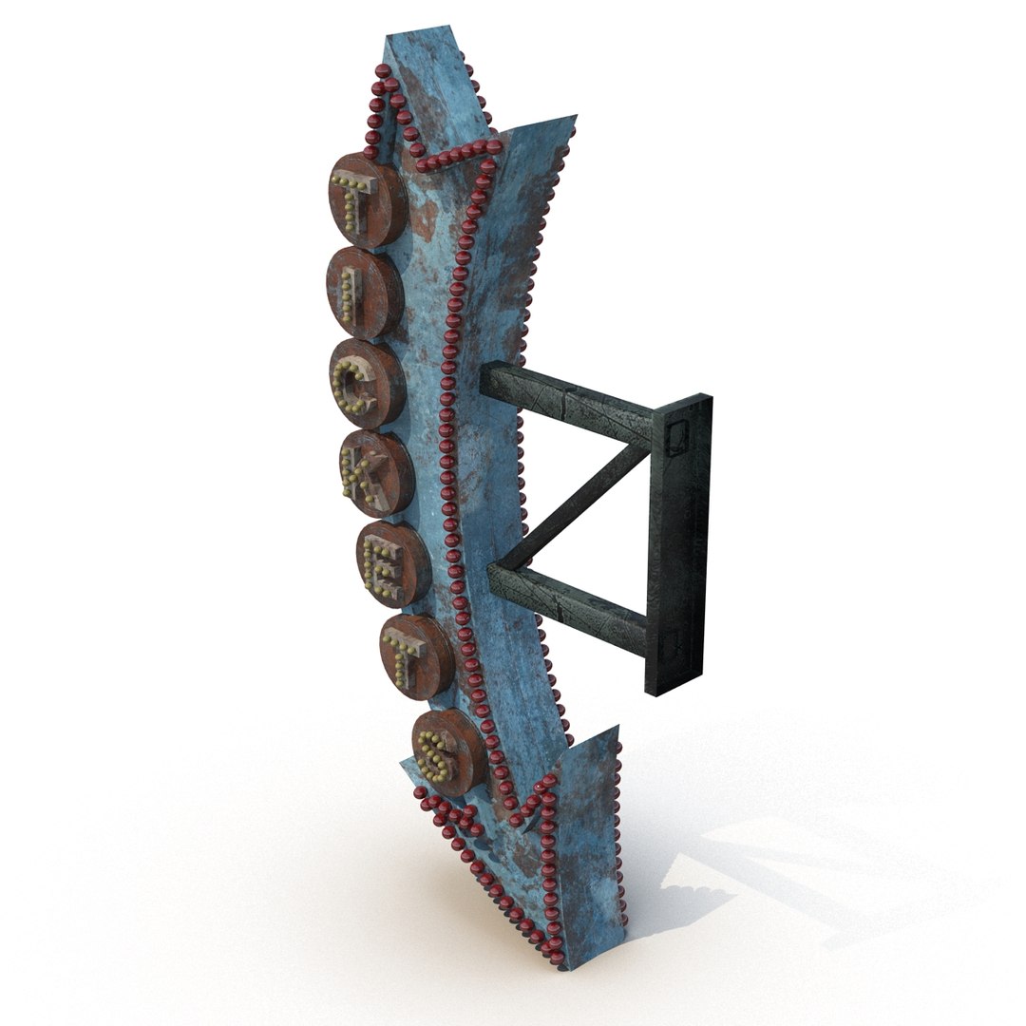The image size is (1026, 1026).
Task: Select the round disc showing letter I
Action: tap(365, 294)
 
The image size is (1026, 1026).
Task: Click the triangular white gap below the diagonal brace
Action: tap(608, 546)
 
